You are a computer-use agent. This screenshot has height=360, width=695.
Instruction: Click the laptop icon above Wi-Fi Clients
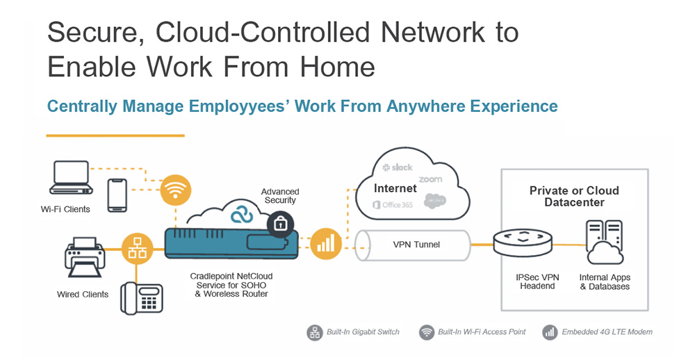click(x=72, y=177)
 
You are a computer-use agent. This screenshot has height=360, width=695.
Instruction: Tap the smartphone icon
click(x=117, y=195)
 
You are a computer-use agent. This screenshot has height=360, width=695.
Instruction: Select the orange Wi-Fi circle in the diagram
click(x=176, y=189)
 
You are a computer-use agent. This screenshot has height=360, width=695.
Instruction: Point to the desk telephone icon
click(x=142, y=299)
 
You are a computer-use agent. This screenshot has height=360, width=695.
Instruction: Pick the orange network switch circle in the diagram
click(x=137, y=249)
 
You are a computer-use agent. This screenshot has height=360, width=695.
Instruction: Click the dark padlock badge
click(x=279, y=224)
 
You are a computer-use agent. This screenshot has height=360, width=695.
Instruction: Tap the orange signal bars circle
click(x=326, y=244)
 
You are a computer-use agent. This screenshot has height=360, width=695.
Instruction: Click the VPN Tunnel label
click(x=416, y=245)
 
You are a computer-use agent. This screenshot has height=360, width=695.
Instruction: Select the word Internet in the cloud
click(x=395, y=188)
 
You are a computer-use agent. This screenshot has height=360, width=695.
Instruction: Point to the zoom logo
click(x=430, y=179)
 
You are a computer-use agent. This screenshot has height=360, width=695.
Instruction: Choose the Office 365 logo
click(x=393, y=205)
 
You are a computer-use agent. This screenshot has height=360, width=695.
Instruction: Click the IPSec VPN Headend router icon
click(x=523, y=242)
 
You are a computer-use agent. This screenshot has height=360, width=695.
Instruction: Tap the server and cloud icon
click(x=605, y=243)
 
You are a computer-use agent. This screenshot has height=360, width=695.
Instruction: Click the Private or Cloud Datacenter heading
click(x=574, y=197)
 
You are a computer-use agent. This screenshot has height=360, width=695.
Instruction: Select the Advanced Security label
click(x=280, y=196)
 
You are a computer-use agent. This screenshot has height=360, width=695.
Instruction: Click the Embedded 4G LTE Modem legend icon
click(x=550, y=332)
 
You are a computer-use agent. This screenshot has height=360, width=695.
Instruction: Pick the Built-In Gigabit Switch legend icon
click(x=315, y=332)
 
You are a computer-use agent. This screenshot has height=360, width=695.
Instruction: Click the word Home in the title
click(x=337, y=67)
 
